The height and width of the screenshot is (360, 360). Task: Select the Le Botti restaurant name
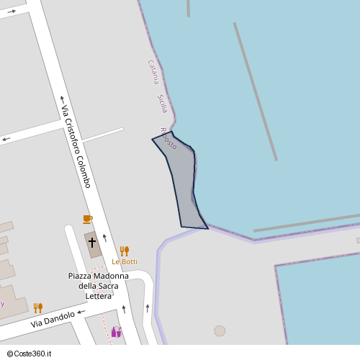[124, 261]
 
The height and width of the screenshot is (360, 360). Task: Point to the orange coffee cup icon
[87, 219]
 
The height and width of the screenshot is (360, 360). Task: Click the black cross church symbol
[92, 243]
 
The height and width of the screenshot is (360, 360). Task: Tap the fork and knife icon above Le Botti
[125, 251]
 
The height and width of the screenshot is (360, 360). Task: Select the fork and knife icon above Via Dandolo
[38, 307]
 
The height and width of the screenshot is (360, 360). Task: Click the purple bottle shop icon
[115, 332]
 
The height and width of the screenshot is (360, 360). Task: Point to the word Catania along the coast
[153, 72]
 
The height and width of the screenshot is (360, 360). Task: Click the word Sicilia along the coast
[162, 104]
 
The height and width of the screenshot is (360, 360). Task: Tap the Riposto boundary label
[168, 138]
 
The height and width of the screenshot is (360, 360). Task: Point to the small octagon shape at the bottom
[220, 330]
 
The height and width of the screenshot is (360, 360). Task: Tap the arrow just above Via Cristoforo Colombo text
[62, 99]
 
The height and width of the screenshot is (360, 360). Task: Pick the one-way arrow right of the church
[105, 238]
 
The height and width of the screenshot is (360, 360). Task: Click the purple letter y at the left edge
[2, 303]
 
